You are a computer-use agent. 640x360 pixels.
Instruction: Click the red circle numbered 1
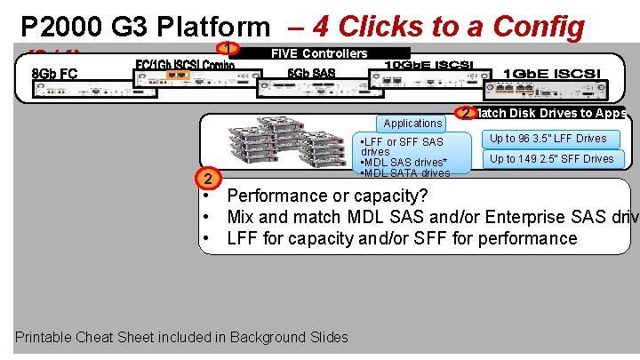point(229,49)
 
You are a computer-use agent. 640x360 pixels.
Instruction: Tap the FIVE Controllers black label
point(319,53)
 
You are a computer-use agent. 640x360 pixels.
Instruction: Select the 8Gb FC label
point(53,73)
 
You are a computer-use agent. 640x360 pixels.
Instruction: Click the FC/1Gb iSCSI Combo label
point(184,65)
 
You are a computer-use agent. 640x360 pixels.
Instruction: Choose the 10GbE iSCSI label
point(428,65)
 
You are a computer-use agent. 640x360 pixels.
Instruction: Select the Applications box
point(412,124)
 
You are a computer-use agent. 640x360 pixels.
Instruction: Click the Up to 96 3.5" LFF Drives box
point(548,139)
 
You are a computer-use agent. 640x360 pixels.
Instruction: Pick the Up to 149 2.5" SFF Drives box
point(552,159)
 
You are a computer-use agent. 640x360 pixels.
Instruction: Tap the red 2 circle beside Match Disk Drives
point(465,113)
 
